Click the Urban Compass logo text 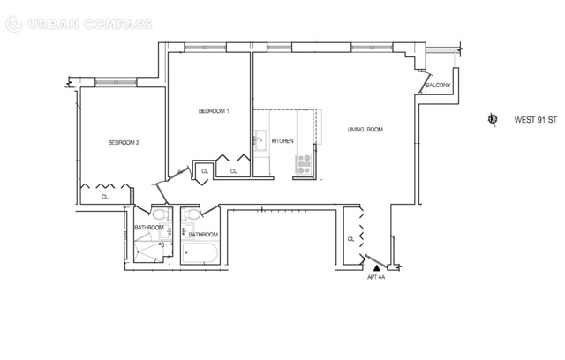tap(90, 25)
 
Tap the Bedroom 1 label tap(214, 111)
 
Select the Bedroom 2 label tap(124, 143)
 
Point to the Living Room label tap(365, 129)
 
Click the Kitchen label tap(282, 141)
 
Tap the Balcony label tap(438, 86)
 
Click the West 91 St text tap(536, 120)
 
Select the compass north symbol tap(493, 119)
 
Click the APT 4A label tap(376, 277)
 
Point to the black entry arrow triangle tap(377, 268)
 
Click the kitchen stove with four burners tap(304, 164)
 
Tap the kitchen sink tap(260, 140)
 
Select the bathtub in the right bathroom tap(200, 252)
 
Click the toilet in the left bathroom tap(162, 214)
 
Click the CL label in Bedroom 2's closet tap(104, 197)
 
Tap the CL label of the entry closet tap(351, 239)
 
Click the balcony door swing tap(425, 82)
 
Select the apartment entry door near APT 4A tap(377, 261)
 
